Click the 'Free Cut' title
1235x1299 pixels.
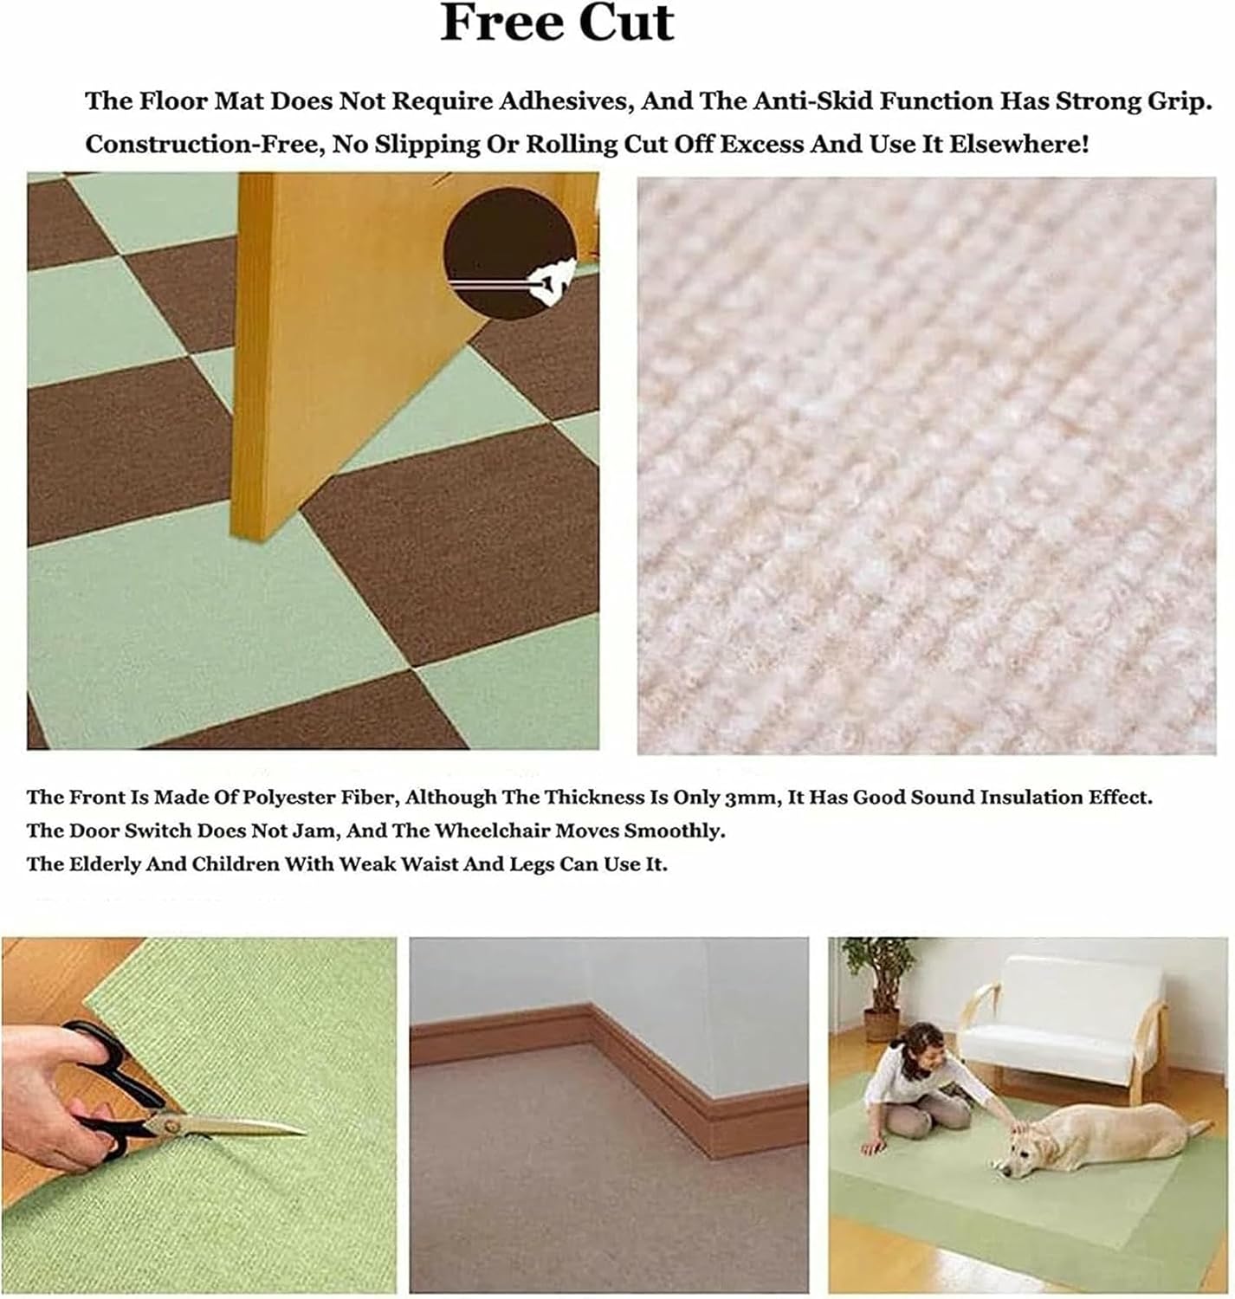coord(556,23)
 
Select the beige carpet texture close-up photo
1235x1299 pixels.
coord(926,465)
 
